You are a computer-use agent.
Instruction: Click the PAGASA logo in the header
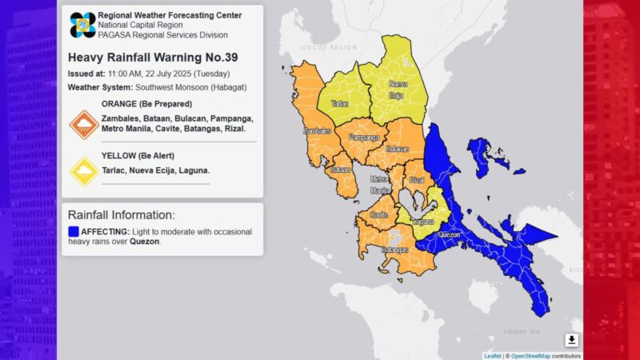tap(82, 25)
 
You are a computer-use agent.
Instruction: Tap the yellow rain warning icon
tap(84, 170)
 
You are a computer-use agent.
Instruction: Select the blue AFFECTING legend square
tap(74, 231)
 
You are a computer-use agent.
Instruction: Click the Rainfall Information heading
tap(121, 215)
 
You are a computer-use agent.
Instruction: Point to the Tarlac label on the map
tap(340, 104)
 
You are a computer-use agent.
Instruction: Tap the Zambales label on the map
tap(317, 131)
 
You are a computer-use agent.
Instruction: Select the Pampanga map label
tap(364, 138)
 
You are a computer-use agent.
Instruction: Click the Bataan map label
tap(341, 170)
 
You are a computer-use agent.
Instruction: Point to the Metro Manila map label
tap(378, 185)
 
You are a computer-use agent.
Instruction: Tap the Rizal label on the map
tap(416, 181)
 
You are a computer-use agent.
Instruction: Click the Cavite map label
tap(380, 215)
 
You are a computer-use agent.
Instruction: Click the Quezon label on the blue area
tap(450, 235)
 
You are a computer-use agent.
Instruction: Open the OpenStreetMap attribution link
tap(534, 355)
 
